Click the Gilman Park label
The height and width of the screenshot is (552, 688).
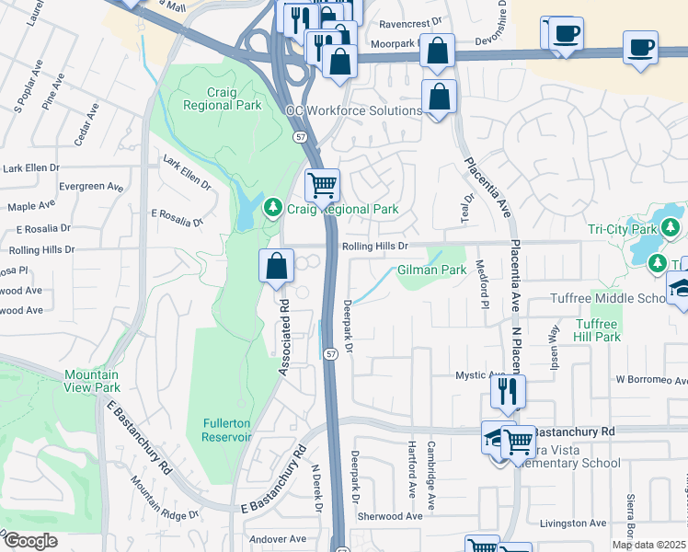[431, 270]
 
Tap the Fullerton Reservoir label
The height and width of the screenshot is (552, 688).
[227, 430]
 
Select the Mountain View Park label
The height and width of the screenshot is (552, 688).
[92, 381]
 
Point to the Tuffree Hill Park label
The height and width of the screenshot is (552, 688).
[598, 330]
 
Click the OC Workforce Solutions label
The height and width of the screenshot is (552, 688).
[353, 110]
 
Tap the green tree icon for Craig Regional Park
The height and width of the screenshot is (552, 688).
[272, 209]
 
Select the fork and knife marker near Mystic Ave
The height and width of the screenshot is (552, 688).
[507, 391]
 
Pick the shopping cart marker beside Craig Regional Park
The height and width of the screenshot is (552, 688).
[322, 185]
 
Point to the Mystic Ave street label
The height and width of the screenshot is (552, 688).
[481, 375]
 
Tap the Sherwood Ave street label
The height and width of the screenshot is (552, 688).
[390, 517]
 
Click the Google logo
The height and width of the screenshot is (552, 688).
[29, 541]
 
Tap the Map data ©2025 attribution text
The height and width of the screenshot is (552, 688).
[649, 545]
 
